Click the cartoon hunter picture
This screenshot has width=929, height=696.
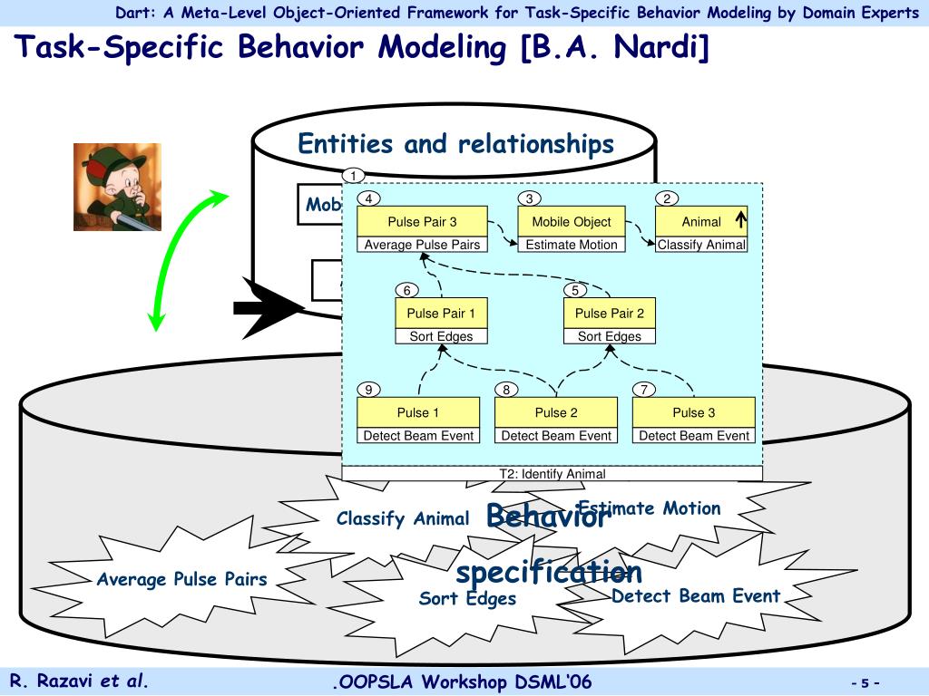[x=117, y=187]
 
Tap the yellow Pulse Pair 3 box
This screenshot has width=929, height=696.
[x=422, y=221]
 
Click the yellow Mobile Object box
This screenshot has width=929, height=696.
[x=571, y=221]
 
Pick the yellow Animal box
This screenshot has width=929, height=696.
[x=700, y=221]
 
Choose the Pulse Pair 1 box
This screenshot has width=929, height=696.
[x=441, y=314]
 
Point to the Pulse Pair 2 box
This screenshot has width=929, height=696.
[x=610, y=314]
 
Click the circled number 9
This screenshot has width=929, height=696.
[x=369, y=390]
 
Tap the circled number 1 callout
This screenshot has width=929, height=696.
[x=353, y=175]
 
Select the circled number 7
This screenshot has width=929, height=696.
[x=643, y=390]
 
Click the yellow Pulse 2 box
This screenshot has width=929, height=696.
[x=556, y=412]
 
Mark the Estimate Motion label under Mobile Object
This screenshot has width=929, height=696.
[x=571, y=245]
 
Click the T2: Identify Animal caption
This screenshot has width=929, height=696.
[x=552, y=473]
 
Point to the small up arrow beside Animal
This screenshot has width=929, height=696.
[x=740, y=219]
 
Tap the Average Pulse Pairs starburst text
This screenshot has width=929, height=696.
[x=182, y=580]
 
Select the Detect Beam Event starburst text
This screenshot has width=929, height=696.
[x=696, y=596]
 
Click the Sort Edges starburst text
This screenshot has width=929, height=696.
[x=467, y=599]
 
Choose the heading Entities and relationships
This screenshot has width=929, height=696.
[x=455, y=144]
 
